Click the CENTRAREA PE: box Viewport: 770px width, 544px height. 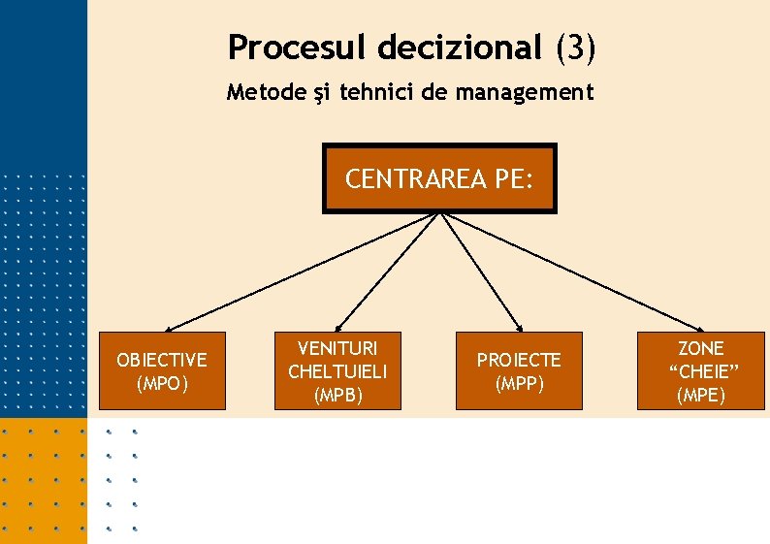click(439, 178)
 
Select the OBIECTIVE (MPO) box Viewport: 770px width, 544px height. click(162, 370)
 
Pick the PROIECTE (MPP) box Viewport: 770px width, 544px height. click(519, 370)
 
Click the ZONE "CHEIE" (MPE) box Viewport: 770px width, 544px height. click(701, 370)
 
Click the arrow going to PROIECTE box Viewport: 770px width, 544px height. click(483, 272)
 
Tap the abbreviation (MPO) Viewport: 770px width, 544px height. click(162, 383)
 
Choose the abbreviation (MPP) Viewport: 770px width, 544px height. click(519, 383)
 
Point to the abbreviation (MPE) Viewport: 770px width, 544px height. click(701, 395)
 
